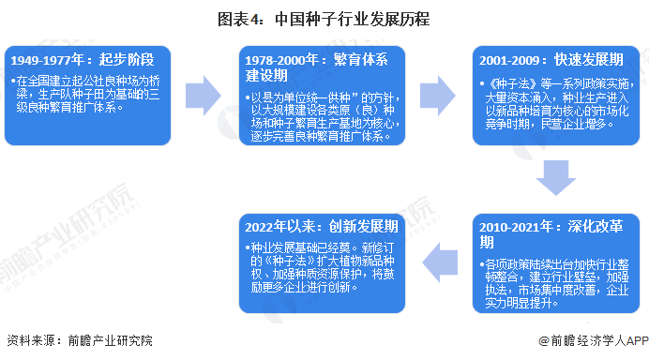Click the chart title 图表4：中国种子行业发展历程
[324, 17]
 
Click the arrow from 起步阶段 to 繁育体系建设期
[203, 94]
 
